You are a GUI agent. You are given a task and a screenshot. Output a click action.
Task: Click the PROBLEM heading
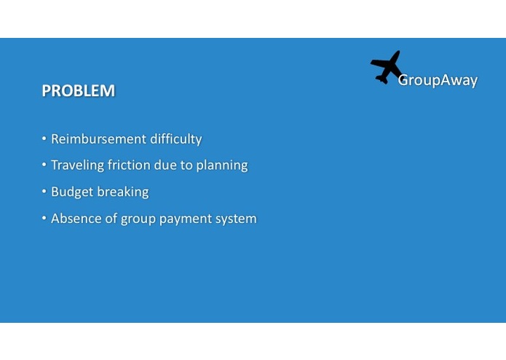pyautogui.click(x=78, y=91)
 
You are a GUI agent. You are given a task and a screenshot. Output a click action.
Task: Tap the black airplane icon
pyautogui.click(x=387, y=67)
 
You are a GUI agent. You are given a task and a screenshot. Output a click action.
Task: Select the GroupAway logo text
pyautogui.click(x=438, y=80)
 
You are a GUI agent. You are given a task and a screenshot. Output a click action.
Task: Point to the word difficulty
pyautogui.click(x=175, y=139)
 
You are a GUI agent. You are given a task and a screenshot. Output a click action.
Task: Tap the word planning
pyautogui.click(x=222, y=166)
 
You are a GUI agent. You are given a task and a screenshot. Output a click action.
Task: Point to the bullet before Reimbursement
pyautogui.click(x=44, y=139)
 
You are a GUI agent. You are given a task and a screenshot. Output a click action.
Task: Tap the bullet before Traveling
pyautogui.click(x=44, y=165)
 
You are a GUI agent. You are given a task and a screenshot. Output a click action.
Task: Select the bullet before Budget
pyautogui.click(x=44, y=192)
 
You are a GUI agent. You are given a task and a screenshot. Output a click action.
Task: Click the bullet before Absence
pyautogui.click(x=44, y=219)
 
